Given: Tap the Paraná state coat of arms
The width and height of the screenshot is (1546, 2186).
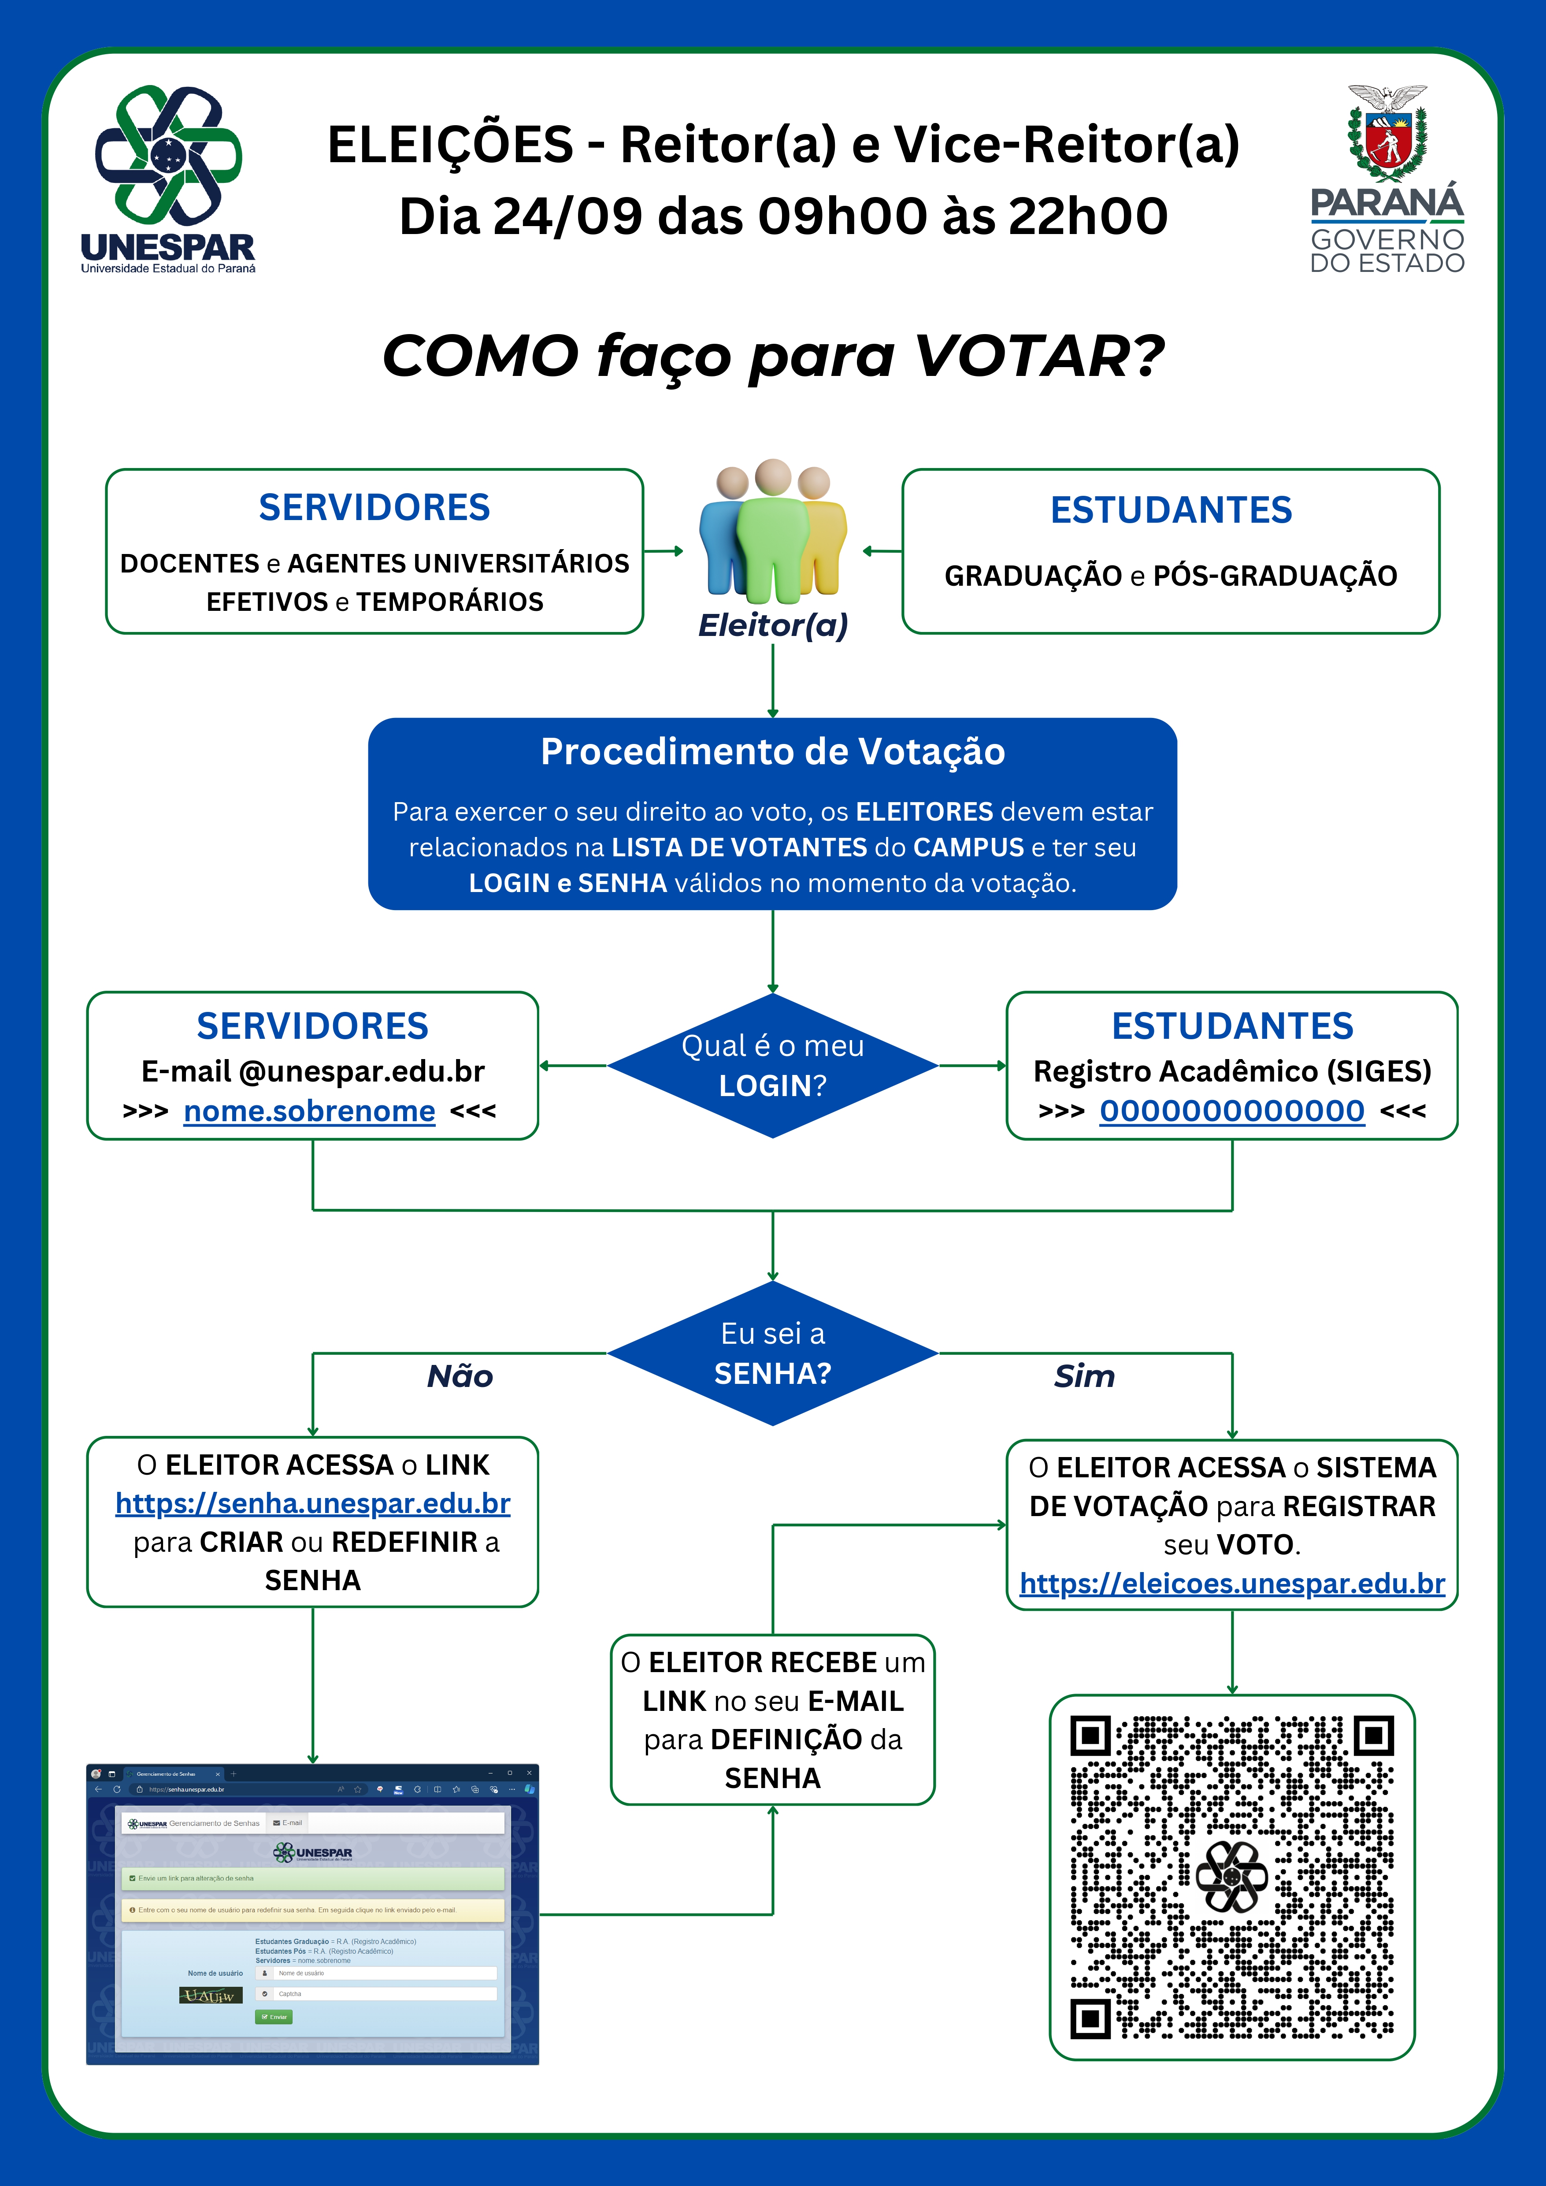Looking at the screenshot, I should [1387, 133].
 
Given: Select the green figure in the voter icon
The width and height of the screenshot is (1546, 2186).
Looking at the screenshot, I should [772, 533].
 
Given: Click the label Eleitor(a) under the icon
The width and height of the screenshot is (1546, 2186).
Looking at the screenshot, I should [772, 625].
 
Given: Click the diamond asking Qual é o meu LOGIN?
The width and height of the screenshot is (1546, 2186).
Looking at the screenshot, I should [772, 1065].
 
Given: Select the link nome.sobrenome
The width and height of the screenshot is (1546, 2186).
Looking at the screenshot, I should [309, 1111].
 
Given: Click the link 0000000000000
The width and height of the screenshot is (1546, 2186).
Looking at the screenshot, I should [1232, 1111].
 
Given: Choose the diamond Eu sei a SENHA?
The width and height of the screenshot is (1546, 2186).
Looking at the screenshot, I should [772, 1353].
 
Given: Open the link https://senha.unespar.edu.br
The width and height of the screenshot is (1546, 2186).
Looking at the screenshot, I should [312, 1503].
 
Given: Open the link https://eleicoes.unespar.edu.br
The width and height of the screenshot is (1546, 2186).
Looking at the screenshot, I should [1232, 1584].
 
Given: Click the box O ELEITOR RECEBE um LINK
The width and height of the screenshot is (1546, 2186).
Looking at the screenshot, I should [772, 1719].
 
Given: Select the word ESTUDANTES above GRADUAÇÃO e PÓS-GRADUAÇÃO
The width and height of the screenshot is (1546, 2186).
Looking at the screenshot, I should [1171, 510].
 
